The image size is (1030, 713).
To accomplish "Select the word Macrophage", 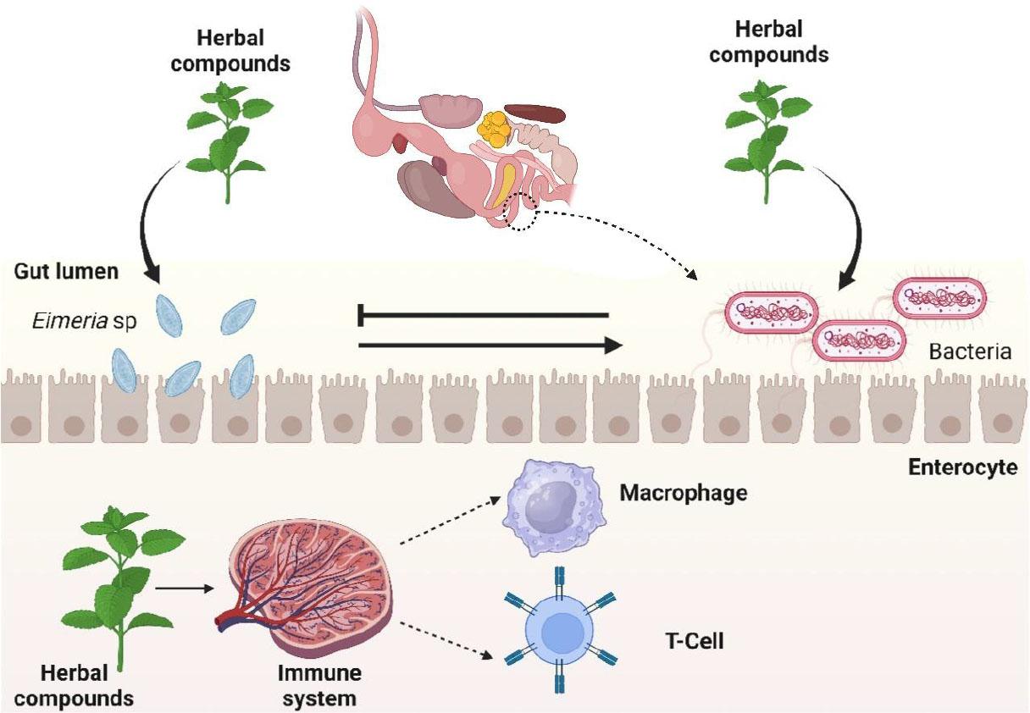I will click(x=683, y=492).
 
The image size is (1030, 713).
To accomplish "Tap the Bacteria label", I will click(x=970, y=351).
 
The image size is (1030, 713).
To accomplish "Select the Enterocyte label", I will click(x=962, y=467).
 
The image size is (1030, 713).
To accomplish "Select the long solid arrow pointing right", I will click(x=490, y=345).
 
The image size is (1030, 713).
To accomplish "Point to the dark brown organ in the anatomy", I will click(x=535, y=114).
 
